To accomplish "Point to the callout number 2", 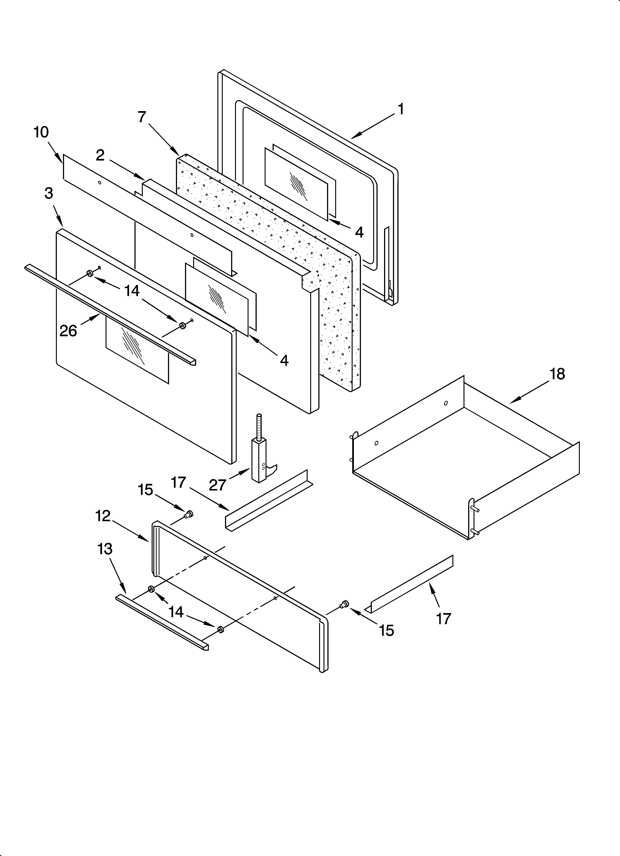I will [100, 155].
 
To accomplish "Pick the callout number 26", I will [68, 331].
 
